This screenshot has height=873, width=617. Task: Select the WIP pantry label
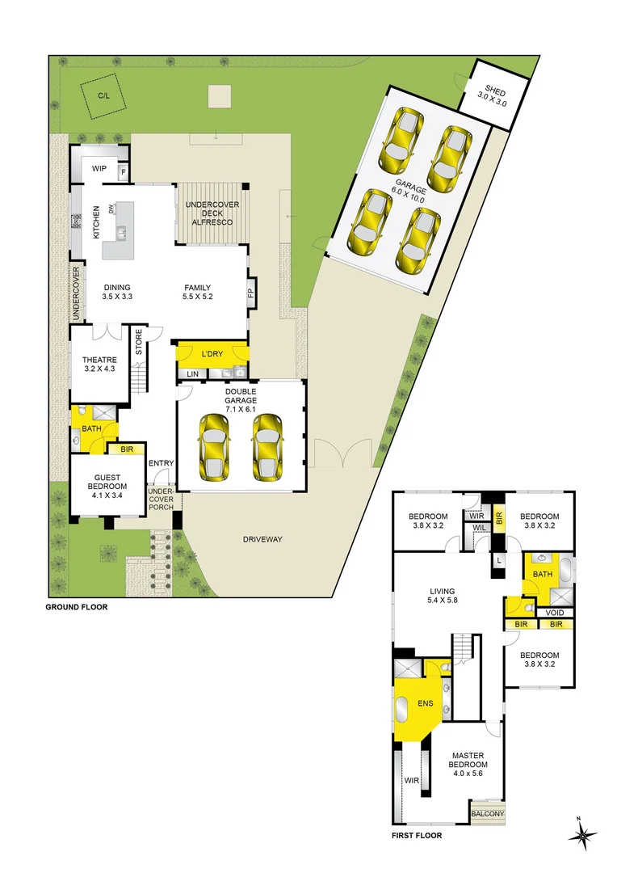click(x=99, y=168)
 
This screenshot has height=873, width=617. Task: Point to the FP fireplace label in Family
click(x=250, y=293)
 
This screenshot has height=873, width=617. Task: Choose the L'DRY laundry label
click(x=212, y=354)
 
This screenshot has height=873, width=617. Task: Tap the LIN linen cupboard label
click(x=192, y=374)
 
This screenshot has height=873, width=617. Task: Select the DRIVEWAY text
click(x=262, y=539)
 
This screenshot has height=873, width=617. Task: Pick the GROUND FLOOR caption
click(x=76, y=606)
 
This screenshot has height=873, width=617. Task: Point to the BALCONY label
click(x=487, y=814)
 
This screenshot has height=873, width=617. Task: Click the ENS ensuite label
click(x=425, y=703)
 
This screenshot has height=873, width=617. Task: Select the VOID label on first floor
click(x=555, y=612)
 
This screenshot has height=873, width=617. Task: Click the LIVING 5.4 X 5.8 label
click(x=442, y=597)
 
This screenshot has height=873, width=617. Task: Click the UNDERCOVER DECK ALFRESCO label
click(x=212, y=213)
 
